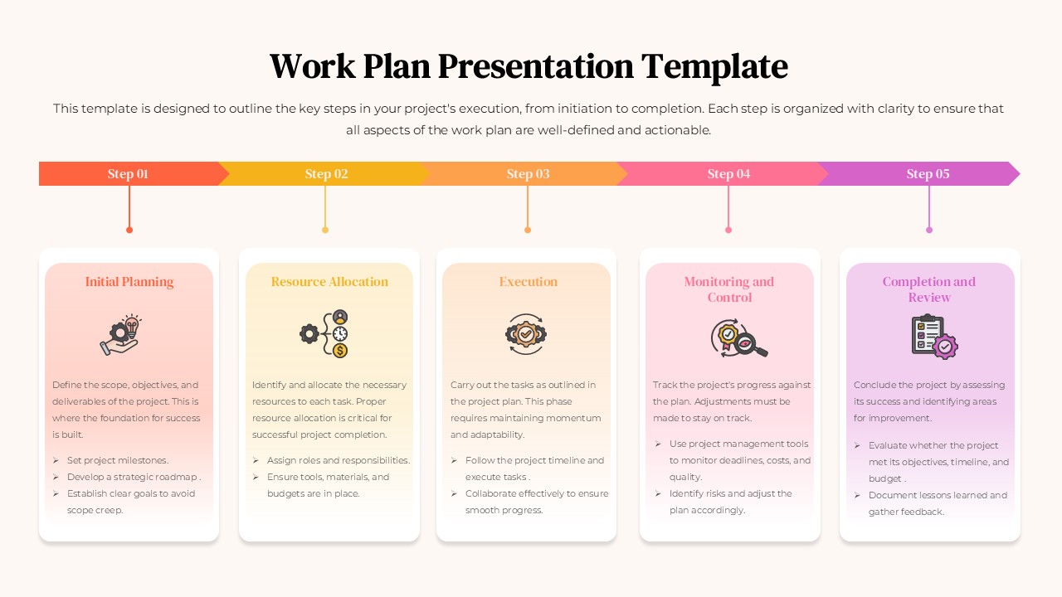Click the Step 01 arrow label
click(x=128, y=174)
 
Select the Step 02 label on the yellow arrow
click(x=326, y=174)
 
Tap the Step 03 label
click(x=528, y=174)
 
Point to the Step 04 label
click(x=728, y=174)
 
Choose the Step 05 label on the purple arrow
click(x=928, y=174)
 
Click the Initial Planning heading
click(x=129, y=282)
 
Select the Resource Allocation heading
click(x=329, y=282)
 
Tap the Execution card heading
click(x=529, y=282)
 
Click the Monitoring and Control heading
click(x=729, y=289)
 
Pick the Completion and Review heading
click(x=929, y=289)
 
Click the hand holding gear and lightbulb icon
click(x=121, y=335)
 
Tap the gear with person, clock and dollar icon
click(x=324, y=334)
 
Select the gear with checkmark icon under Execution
click(x=526, y=334)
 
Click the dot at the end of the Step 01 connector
click(x=129, y=230)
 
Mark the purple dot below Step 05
click(x=929, y=230)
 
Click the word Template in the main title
click(x=714, y=66)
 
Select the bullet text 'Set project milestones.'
click(x=118, y=460)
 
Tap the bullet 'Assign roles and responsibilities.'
click(x=339, y=460)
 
